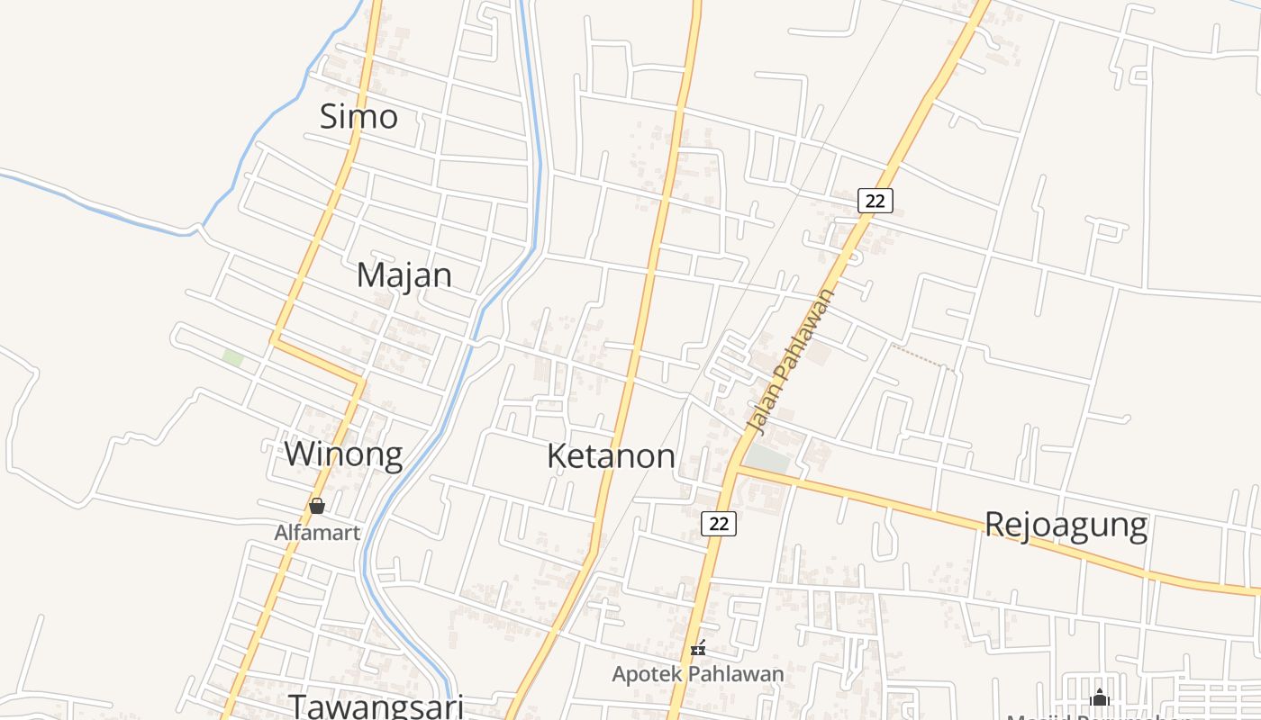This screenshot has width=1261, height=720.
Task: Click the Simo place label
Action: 358,116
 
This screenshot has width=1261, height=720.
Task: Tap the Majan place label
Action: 404,274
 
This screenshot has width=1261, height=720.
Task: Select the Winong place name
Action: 343,454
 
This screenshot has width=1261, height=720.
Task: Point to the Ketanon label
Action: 611,456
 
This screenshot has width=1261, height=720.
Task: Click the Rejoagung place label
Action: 1066,524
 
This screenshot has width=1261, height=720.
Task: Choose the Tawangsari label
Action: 376,706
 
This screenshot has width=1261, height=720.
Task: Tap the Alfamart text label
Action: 317,532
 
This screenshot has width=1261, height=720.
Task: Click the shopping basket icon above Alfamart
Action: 317,506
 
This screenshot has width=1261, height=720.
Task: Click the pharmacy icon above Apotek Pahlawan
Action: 697,647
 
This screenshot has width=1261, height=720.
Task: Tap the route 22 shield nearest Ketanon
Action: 718,523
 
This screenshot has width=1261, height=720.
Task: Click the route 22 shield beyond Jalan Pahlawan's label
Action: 875,201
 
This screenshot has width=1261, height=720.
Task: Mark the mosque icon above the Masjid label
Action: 1099,697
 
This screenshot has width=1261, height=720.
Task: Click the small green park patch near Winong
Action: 233,357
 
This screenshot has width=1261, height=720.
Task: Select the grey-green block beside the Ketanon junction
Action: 767,458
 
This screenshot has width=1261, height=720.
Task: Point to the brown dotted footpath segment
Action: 922,356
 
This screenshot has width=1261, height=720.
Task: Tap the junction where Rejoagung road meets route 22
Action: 735,468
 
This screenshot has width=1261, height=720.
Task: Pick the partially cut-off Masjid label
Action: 1099,716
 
